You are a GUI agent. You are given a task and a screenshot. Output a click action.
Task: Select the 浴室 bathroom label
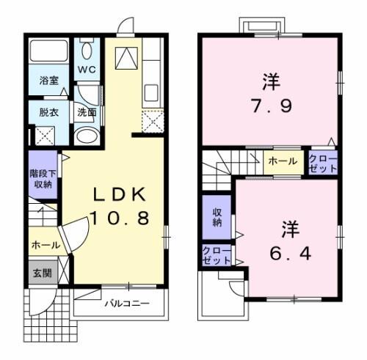pyautogui.click(x=49, y=80)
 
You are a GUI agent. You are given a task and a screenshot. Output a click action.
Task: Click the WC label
pyautogui.click(x=88, y=70)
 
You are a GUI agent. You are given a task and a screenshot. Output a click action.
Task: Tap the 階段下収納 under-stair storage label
pyautogui.click(x=42, y=179)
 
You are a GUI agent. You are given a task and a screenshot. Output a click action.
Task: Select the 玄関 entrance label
pyautogui.click(x=40, y=273)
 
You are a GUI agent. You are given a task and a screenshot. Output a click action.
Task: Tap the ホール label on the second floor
pyautogui.click(x=283, y=161)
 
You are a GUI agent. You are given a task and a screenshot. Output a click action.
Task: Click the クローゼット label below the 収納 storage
pyautogui.click(x=216, y=256)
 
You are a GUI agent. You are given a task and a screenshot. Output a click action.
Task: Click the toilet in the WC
pyautogui.click(x=88, y=51)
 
